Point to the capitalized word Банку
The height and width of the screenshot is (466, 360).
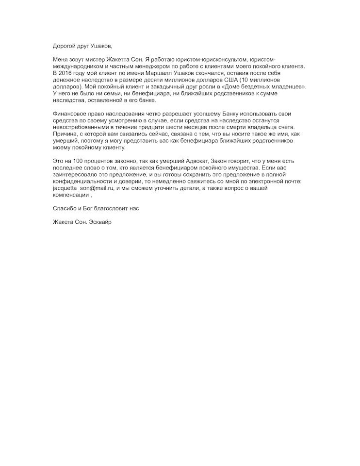(x=220, y=114)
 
